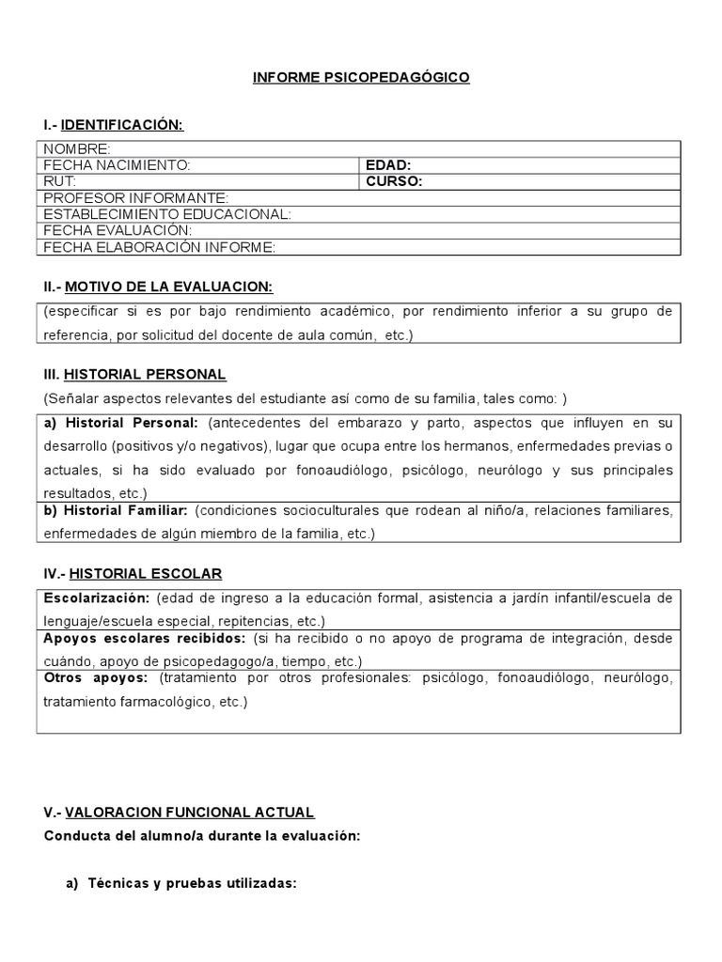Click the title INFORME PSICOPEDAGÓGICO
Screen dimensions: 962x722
(361, 78)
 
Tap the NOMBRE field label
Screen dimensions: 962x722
(76, 149)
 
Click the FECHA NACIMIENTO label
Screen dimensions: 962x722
(117, 165)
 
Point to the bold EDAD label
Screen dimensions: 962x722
(387, 165)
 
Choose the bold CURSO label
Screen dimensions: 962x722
(393, 181)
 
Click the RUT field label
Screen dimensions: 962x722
(59, 181)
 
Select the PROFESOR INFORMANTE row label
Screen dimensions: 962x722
(136, 198)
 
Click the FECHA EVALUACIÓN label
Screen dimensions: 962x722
(118, 230)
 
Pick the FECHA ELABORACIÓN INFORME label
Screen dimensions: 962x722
(159, 247)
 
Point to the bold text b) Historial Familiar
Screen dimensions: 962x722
(117, 510)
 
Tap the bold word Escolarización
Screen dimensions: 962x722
(97, 598)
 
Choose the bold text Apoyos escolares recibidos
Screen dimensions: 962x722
(140, 638)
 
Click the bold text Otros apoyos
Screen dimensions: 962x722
(95, 677)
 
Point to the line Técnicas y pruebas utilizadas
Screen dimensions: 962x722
(192, 883)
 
